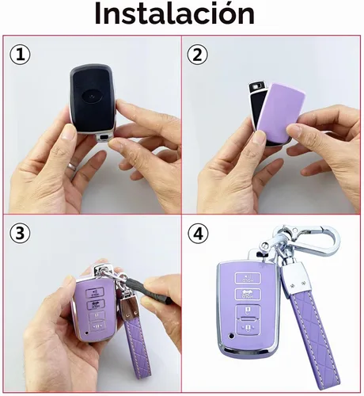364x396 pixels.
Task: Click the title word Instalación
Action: (x=174, y=13)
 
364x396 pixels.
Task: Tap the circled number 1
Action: (x=20, y=55)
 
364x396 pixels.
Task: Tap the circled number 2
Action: (x=197, y=55)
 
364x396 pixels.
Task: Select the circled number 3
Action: (x=20, y=233)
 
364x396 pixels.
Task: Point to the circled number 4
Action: (x=198, y=234)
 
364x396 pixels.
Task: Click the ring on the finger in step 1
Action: (x=72, y=166)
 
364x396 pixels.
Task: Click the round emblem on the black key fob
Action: (x=92, y=97)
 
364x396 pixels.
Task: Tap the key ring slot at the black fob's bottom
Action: (x=104, y=138)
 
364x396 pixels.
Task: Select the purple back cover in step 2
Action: (x=280, y=109)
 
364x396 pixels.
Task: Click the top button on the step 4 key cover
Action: (x=248, y=278)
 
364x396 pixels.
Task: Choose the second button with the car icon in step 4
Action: (x=248, y=295)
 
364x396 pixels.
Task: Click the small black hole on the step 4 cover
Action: (x=232, y=336)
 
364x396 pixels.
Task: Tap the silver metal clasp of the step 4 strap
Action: (x=294, y=278)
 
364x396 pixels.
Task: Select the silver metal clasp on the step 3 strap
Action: (x=130, y=310)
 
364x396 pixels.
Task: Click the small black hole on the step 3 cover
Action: (x=85, y=333)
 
